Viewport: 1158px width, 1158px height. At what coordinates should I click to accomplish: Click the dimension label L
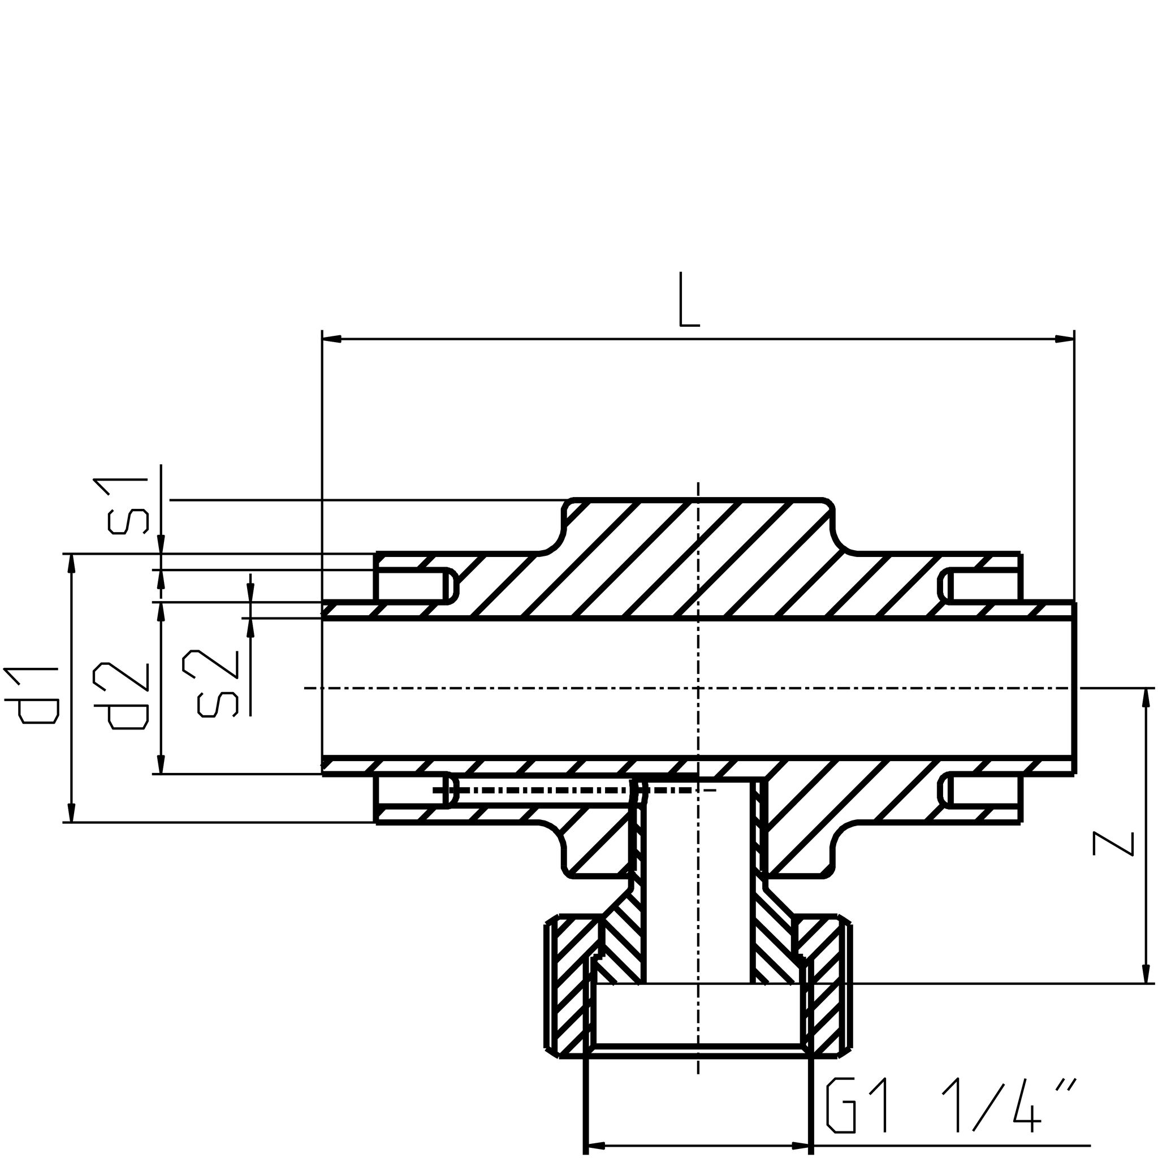pos(689,300)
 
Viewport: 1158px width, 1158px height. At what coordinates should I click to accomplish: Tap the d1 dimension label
pos(31,695)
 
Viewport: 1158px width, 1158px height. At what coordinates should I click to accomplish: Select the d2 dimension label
pos(120,696)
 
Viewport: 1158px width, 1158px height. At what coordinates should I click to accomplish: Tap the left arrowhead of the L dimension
pos(332,339)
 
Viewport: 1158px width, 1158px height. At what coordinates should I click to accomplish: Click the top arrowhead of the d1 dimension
pos(72,564)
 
